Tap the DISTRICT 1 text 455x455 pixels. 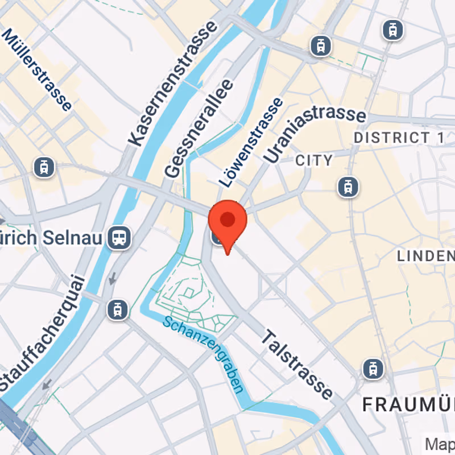tap(399, 138)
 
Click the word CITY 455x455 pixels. tap(314, 160)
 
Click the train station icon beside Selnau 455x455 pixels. tap(119, 238)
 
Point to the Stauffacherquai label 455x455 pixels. tap(42, 333)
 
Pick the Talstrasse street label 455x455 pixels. tap(296, 366)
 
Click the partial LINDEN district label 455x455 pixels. tap(426, 256)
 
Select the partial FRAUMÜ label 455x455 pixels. tap(408, 405)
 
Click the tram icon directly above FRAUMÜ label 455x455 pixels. tap(373, 369)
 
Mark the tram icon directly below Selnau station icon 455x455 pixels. tap(117, 309)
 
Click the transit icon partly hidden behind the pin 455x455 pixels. tap(216, 237)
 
